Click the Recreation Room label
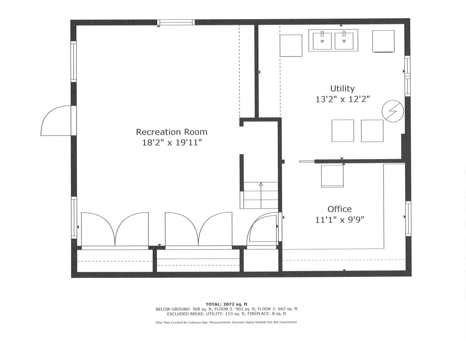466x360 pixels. click(x=171, y=132)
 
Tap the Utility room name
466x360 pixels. click(x=342, y=89)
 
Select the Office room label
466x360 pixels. click(x=339, y=209)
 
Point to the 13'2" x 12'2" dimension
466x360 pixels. click(x=342, y=99)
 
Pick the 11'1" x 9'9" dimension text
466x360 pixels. click(x=339, y=220)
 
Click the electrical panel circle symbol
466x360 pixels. click(x=392, y=111)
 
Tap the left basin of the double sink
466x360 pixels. click(x=322, y=41)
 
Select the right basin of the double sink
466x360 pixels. click(x=344, y=41)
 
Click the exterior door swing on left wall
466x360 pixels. click(x=55, y=121)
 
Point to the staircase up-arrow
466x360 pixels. click(x=261, y=184)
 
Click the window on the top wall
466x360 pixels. click(x=176, y=22)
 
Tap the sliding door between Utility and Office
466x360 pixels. click(x=307, y=162)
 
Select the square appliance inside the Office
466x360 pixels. click(x=332, y=176)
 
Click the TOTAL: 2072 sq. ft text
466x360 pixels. click(x=226, y=304)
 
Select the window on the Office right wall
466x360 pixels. click(x=408, y=218)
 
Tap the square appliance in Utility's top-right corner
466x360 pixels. click(x=383, y=41)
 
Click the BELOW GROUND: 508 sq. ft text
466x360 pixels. click(x=185, y=309)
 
